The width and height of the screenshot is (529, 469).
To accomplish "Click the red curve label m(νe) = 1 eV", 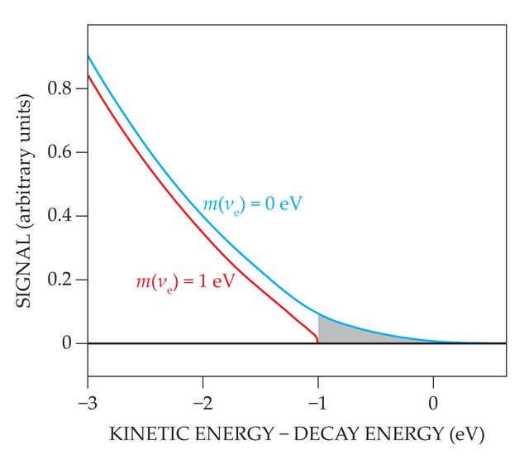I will pos(185,282).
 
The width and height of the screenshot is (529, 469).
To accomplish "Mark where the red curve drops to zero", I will pos(318,342).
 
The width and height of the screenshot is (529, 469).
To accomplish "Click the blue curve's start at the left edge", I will pos(88,55).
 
